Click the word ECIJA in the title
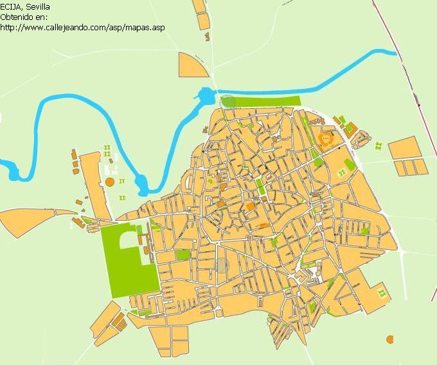[12, 6]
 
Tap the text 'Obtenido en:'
[24, 17]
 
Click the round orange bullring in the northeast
[326, 139]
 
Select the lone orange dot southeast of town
[389, 339]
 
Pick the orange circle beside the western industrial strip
[110, 182]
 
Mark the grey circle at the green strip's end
[227, 101]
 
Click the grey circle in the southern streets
[222, 265]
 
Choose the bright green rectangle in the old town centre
[260, 187]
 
